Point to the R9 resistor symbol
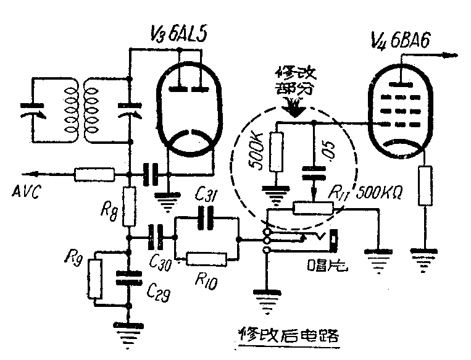click(x=95, y=278)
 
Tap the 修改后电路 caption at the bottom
click(x=290, y=336)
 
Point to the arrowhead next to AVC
click(x=27, y=174)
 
